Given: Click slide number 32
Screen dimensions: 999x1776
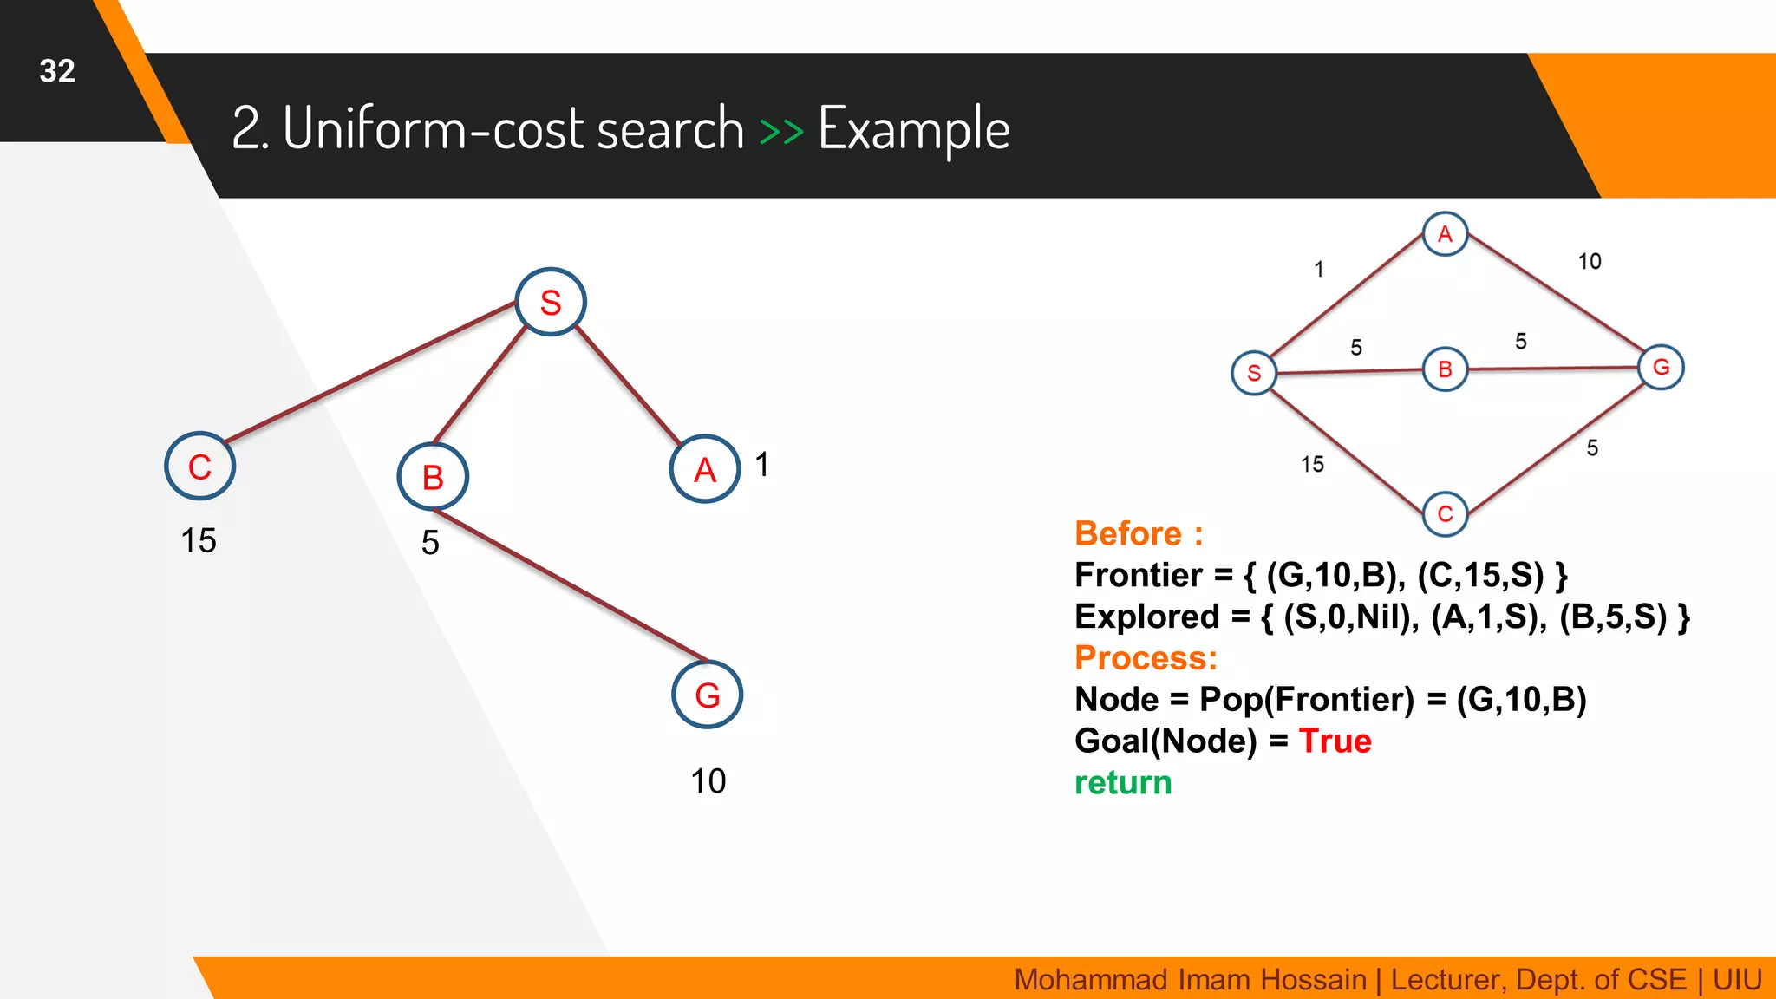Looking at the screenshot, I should point(57,71).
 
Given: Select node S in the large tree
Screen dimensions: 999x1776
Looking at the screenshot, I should point(551,302).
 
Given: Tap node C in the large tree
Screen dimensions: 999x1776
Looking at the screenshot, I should point(200,467).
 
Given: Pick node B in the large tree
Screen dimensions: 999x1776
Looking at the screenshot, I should point(433,477).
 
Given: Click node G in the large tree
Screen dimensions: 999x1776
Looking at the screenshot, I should point(708,695).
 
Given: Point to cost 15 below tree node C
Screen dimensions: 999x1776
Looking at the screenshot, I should point(198,540).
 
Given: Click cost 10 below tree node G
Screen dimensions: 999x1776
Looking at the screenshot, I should point(708,781).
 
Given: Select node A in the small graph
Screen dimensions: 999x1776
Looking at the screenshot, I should point(1445,233).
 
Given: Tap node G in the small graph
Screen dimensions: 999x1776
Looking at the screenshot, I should point(1661,367).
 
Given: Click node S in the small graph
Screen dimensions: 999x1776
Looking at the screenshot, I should point(1254,373).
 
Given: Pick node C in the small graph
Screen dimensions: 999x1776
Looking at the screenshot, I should point(1445,513).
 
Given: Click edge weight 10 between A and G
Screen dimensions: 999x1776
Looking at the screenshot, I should point(1589,261).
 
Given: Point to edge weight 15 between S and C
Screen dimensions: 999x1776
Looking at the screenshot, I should point(1312,465).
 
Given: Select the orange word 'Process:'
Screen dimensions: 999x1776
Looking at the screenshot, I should point(1146,658).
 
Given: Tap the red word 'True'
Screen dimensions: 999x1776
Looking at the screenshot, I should point(1335,741).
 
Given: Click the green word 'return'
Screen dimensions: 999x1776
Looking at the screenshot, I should point(1123,783).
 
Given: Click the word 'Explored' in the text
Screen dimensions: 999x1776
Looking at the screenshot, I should point(1146,617).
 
